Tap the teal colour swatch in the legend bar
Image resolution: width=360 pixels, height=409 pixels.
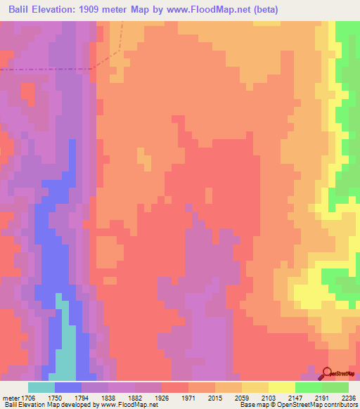(41, 387)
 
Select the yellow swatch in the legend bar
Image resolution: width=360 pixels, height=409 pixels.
(282, 387)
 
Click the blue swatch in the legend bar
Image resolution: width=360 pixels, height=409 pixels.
(67, 387)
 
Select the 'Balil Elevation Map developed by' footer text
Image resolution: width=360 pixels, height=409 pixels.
(51, 404)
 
